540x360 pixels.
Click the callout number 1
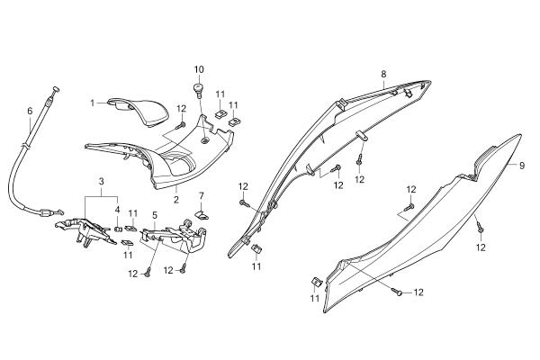93,103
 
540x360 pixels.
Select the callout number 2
176,200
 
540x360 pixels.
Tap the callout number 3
101,181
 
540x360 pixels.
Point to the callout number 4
117,210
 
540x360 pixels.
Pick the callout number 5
155,216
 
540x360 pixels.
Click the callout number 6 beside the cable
30,111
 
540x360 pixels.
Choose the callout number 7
201,196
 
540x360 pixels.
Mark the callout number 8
383,74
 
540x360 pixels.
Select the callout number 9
522,166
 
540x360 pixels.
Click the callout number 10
199,69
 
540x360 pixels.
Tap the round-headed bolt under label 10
199,88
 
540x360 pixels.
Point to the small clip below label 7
202,215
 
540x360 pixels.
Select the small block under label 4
118,229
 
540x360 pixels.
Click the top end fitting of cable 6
56,89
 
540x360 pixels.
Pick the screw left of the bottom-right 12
398,292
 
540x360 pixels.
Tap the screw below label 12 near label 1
181,125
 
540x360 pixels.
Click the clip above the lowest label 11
316,282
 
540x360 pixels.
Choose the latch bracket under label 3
86,230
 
